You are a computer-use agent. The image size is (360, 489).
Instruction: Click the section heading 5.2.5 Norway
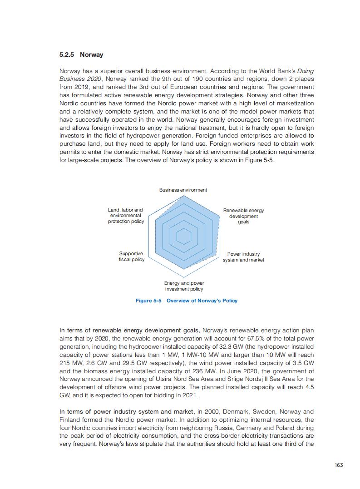pos(81,55)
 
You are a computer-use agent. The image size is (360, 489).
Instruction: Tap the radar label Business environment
pos(183,190)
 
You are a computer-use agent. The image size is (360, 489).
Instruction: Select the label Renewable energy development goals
pos(243,216)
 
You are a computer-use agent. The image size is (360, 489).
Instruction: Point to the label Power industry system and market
pos(243,257)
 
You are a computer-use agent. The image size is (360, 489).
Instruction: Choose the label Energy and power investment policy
pos(184,286)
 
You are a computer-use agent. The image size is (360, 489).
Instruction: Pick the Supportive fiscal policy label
pos(131,257)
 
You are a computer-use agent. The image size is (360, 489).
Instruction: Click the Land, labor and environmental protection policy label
pos(126,216)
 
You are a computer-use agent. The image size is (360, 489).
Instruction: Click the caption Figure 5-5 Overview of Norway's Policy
pos(187,301)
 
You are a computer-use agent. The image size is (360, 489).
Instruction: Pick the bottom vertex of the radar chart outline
pos(184,277)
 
